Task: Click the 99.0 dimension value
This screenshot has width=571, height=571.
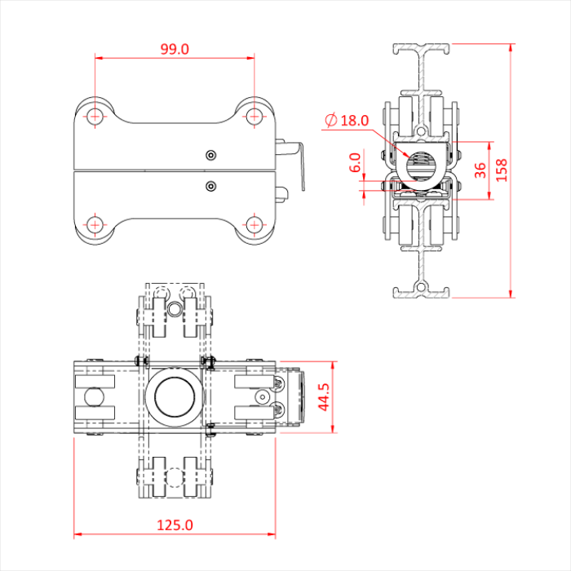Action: pyautogui.click(x=175, y=49)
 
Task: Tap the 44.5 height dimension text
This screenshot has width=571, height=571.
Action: pyautogui.click(x=324, y=397)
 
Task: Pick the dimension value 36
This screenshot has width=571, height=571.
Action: pyautogui.click(x=480, y=170)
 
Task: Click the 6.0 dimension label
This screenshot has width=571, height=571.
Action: pyautogui.click(x=354, y=163)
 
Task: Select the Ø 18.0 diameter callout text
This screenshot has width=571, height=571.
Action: pyautogui.click(x=347, y=121)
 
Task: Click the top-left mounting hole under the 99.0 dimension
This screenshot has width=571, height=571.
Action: pyautogui.click(x=96, y=115)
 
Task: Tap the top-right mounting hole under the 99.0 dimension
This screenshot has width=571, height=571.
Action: pyautogui.click(x=255, y=115)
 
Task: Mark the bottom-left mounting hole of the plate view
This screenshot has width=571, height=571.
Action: pyautogui.click(x=96, y=224)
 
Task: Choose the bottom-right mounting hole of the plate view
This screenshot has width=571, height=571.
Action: pyautogui.click(x=255, y=224)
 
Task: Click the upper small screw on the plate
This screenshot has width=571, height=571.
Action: pyautogui.click(x=211, y=155)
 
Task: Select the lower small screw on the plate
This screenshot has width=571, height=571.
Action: pyautogui.click(x=211, y=186)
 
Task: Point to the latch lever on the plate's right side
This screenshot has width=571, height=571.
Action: pyautogui.click(x=295, y=163)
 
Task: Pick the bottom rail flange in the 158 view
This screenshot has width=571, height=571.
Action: pyautogui.click(x=423, y=291)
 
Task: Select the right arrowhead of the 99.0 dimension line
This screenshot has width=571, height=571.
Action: pyautogui.click(x=250, y=58)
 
